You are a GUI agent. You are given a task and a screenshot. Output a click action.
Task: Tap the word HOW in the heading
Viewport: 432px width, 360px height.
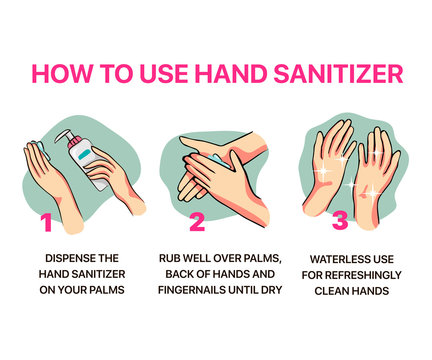62,74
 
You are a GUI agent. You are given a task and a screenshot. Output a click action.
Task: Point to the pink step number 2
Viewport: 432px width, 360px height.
196,222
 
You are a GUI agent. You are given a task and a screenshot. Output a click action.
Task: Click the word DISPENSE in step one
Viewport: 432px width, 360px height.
67,257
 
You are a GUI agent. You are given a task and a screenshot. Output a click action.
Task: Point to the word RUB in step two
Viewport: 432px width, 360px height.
171,257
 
